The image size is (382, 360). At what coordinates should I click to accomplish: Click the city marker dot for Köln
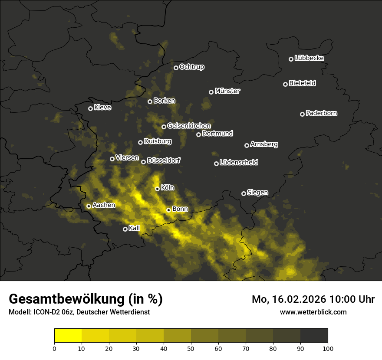coord(157,189)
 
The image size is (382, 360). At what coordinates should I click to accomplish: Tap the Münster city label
coord(227,91)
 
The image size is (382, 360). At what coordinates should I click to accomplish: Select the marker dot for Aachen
coord(89,206)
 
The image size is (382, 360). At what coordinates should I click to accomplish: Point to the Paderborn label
coord(321,113)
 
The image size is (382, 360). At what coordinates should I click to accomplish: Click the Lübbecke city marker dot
coord(291,59)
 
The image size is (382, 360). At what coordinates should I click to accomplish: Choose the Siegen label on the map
coord(257,193)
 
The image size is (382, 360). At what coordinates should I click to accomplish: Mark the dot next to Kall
coord(125,229)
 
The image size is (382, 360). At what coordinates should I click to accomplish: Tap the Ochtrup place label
coord(191,67)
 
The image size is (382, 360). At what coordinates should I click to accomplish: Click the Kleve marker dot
coord(90,108)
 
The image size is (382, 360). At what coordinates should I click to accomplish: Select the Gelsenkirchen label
coord(189,126)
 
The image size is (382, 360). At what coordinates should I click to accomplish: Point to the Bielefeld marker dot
coord(285,84)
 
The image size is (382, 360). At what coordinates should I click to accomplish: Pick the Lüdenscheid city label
coord(239,163)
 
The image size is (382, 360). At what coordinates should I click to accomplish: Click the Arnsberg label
coord(264,144)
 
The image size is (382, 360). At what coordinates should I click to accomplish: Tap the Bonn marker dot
coord(168,210)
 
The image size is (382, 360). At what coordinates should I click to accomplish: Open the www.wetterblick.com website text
coord(313,312)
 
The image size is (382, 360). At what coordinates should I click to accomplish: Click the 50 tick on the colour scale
coord(191,348)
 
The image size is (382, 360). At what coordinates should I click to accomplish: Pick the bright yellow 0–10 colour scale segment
coord(68,336)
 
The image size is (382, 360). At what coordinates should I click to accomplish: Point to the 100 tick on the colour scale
coord(328,348)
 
